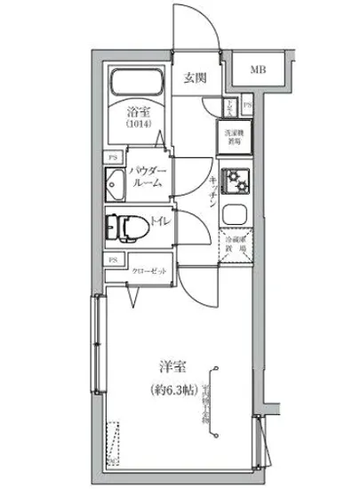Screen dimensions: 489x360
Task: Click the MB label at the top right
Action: (x=257, y=69)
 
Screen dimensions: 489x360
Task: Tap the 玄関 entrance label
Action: (x=196, y=77)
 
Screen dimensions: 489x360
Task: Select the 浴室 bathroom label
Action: (x=136, y=112)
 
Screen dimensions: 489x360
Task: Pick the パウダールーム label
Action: (x=145, y=175)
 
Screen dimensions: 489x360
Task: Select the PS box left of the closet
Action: (x=113, y=260)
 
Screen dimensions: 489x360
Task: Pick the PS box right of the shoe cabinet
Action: (x=247, y=106)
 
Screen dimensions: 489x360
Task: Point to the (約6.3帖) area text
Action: (x=169, y=389)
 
